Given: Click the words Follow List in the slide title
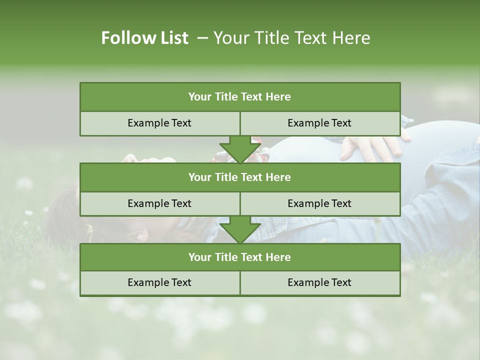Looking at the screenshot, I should [144, 38].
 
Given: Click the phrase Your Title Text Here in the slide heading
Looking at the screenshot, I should [291, 38].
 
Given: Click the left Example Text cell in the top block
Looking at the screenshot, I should [159, 123].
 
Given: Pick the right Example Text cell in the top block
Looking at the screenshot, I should [319, 123].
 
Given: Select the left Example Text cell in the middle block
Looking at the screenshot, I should [159, 203].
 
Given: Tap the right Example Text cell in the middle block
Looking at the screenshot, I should [319, 203].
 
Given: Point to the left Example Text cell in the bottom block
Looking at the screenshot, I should [159, 282].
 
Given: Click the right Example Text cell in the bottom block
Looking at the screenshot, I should [319, 282].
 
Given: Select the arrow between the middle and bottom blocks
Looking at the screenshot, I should [240, 229].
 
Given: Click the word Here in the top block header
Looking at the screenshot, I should [278, 97].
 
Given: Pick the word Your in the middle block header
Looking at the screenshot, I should [199, 177].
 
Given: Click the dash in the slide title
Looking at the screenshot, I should [203, 38].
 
